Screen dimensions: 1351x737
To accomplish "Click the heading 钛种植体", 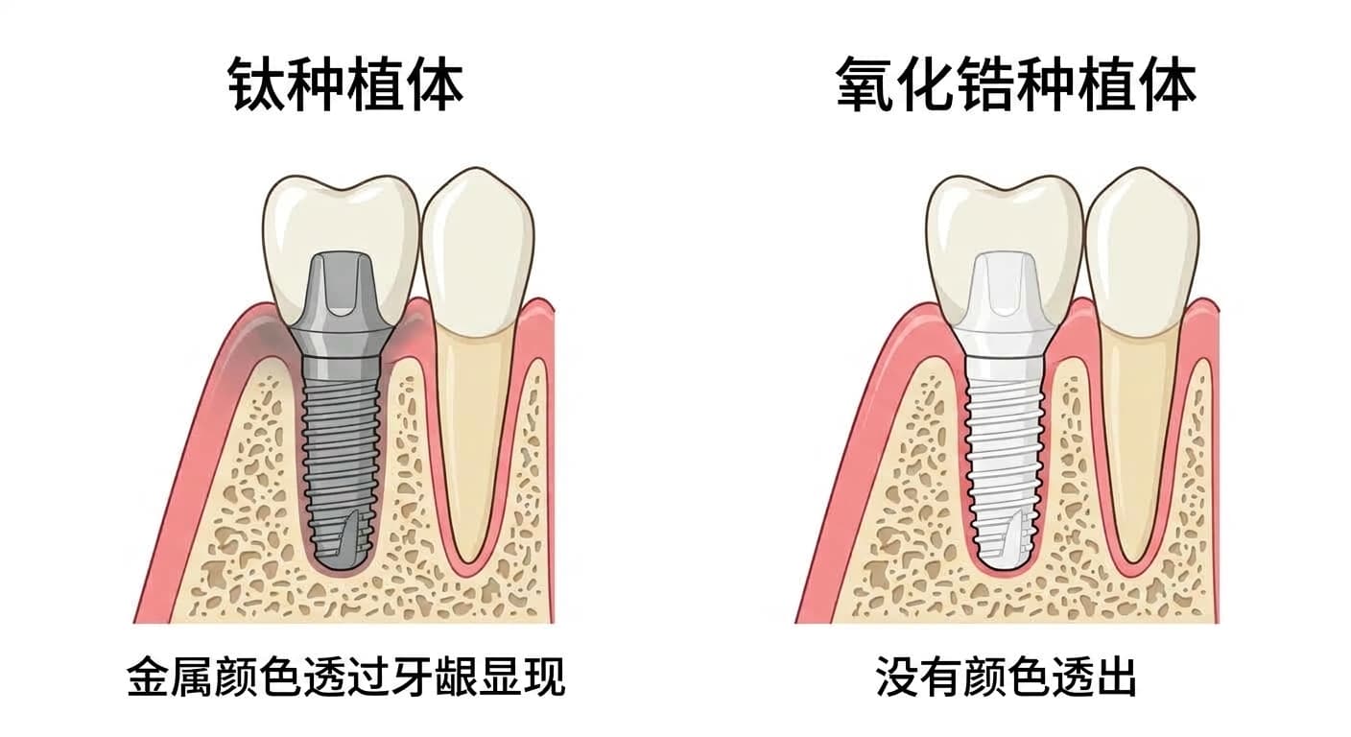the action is (x=345, y=83).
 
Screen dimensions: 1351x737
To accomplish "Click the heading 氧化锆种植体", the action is (x=1016, y=83).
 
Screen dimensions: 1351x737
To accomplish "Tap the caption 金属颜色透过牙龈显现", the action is (x=346, y=677).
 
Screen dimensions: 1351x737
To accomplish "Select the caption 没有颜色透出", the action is (x=1006, y=677).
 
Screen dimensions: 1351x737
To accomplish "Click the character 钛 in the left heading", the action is (x=256, y=83).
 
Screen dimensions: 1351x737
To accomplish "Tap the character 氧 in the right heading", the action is (x=865, y=83).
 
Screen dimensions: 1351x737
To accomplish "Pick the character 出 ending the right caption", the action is (x=1116, y=677).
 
